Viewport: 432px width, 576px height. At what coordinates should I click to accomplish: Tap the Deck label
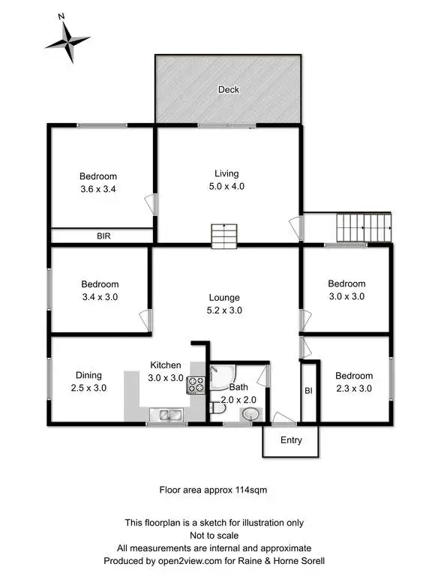click(x=228, y=90)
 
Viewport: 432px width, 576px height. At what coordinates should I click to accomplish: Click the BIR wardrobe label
click(x=104, y=235)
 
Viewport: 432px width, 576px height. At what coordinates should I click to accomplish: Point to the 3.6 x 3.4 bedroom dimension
click(x=99, y=189)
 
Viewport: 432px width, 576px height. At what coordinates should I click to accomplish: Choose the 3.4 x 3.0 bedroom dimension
click(x=100, y=297)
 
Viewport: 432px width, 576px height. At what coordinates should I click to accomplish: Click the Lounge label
click(x=226, y=297)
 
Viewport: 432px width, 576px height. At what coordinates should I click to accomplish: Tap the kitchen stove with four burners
click(x=196, y=384)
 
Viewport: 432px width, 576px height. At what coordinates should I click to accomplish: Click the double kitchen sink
click(x=167, y=414)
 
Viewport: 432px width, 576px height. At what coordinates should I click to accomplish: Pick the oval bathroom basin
click(x=252, y=415)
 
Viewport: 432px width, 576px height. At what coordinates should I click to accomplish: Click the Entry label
click(x=291, y=440)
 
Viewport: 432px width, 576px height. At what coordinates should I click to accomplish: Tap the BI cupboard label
click(x=308, y=391)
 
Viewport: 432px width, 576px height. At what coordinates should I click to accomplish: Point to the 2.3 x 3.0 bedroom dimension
click(x=352, y=388)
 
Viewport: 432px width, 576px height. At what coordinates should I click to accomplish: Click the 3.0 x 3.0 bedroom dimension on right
click(x=346, y=296)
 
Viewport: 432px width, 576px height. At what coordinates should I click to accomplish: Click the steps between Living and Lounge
click(x=223, y=236)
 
